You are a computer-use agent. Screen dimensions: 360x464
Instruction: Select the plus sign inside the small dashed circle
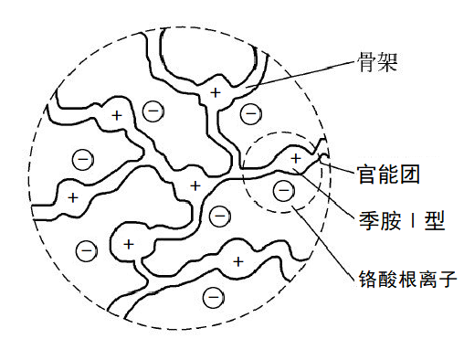pyautogui.click(x=294, y=158)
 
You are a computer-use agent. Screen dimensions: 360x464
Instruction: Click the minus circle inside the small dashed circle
pyautogui.click(x=284, y=190)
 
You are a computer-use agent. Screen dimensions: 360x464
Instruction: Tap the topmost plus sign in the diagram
pyautogui.click(x=216, y=92)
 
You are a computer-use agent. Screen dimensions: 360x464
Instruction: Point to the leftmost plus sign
pyautogui.click(x=72, y=196)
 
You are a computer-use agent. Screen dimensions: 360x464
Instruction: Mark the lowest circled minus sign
pyautogui.click(x=214, y=295)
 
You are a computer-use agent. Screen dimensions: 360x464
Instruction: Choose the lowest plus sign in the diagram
pyautogui.click(x=238, y=261)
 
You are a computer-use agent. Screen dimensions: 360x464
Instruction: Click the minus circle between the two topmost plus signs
pyautogui.click(x=154, y=111)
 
